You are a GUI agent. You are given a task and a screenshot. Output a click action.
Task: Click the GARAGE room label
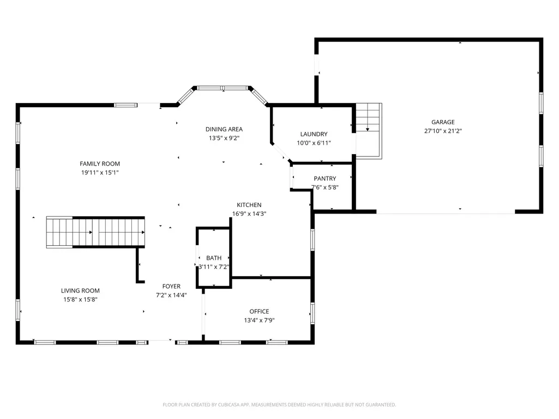click(x=443, y=122)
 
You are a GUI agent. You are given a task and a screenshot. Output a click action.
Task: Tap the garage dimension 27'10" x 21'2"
click(x=443, y=131)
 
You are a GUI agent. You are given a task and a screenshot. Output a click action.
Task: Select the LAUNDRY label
click(x=314, y=135)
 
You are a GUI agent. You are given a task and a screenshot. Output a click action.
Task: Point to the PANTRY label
click(x=325, y=179)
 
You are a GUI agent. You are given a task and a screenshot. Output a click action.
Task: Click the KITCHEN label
click(x=249, y=205)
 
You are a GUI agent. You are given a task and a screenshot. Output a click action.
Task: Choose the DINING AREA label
click(x=224, y=129)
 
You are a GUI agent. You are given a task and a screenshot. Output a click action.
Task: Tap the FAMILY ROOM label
click(x=100, y=164)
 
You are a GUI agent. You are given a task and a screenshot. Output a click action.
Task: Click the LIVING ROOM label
click(x=80, y=291)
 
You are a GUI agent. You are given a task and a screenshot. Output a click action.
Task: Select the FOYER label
click(x=171, y=287)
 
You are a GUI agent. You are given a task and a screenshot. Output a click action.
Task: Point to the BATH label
click(x=214, y=258)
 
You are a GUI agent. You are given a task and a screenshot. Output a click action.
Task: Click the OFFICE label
click(x=259, y=312)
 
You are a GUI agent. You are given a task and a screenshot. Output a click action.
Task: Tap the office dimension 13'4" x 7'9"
click(x=259, y=320)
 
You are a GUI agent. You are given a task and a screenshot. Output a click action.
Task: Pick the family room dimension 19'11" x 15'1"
click(x=100, y=173)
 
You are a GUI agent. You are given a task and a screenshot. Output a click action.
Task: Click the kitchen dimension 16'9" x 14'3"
click(x=249, y=214)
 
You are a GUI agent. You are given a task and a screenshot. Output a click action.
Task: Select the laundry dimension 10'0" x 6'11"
click(x=314, y=143)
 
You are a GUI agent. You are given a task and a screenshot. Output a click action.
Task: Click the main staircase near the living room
click(x=95, y=232)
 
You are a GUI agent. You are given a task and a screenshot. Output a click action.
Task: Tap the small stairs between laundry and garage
click(x=369, y=131)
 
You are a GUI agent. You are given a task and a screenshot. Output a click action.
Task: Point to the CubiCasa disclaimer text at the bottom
click(x=279, y=405)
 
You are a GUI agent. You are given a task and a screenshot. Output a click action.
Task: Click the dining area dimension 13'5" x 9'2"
click(x=224, y=138)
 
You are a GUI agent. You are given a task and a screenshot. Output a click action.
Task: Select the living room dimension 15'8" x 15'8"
click(x=80, y=300)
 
